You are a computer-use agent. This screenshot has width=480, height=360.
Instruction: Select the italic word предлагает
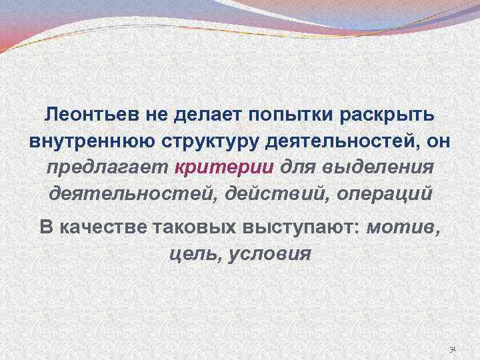pyautogui.click(x=108, y=167)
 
